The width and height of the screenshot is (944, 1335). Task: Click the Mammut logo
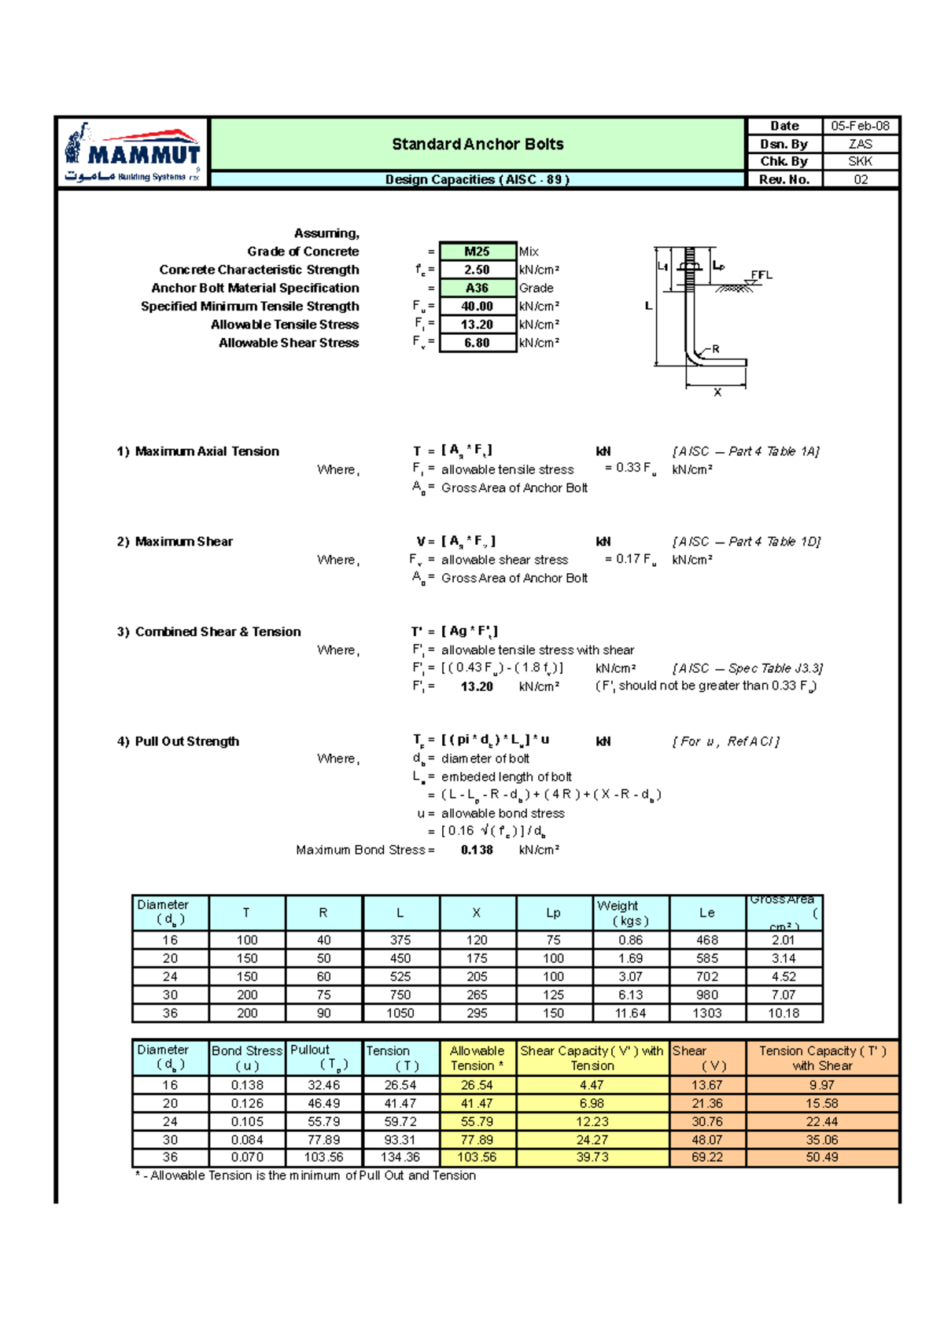[x=132, y=153]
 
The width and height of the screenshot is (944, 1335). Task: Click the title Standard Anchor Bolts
[x=478, y=144]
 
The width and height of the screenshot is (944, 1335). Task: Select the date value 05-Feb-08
[x=860, y=126]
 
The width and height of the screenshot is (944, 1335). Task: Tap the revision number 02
[x=861, y=179]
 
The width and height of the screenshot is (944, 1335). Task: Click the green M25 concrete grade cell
[x=477, y=252]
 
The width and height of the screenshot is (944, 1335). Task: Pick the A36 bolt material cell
[x=477, y=288]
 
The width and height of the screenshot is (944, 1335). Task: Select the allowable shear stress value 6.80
[x=477, y=343]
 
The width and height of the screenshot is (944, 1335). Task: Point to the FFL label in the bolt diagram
[x=761, y=275]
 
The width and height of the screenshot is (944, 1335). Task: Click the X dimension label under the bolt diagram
[x=717, y=392]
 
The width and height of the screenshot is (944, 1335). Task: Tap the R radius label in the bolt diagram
[x=715, y=348]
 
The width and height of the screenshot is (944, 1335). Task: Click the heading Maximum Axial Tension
[x=207, y=451]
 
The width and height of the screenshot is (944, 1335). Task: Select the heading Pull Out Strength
[x=186, y=741]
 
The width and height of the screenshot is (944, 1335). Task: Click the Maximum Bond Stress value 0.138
[x=477, y=850]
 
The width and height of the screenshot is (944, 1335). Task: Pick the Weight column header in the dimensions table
[x=630, y=913]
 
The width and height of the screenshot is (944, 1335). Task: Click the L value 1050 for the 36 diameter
[x=400, y=1013]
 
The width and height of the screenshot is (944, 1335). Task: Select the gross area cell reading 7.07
[x=784, y=995]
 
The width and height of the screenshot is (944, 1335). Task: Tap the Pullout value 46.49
[x=323, y=1104]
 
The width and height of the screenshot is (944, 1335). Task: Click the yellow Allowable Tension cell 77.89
[x=477, y=1140]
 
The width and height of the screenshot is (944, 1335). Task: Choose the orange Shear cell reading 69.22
[x=707, y=1157]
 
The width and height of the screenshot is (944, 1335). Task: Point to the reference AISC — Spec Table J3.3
[x=747, y=668]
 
